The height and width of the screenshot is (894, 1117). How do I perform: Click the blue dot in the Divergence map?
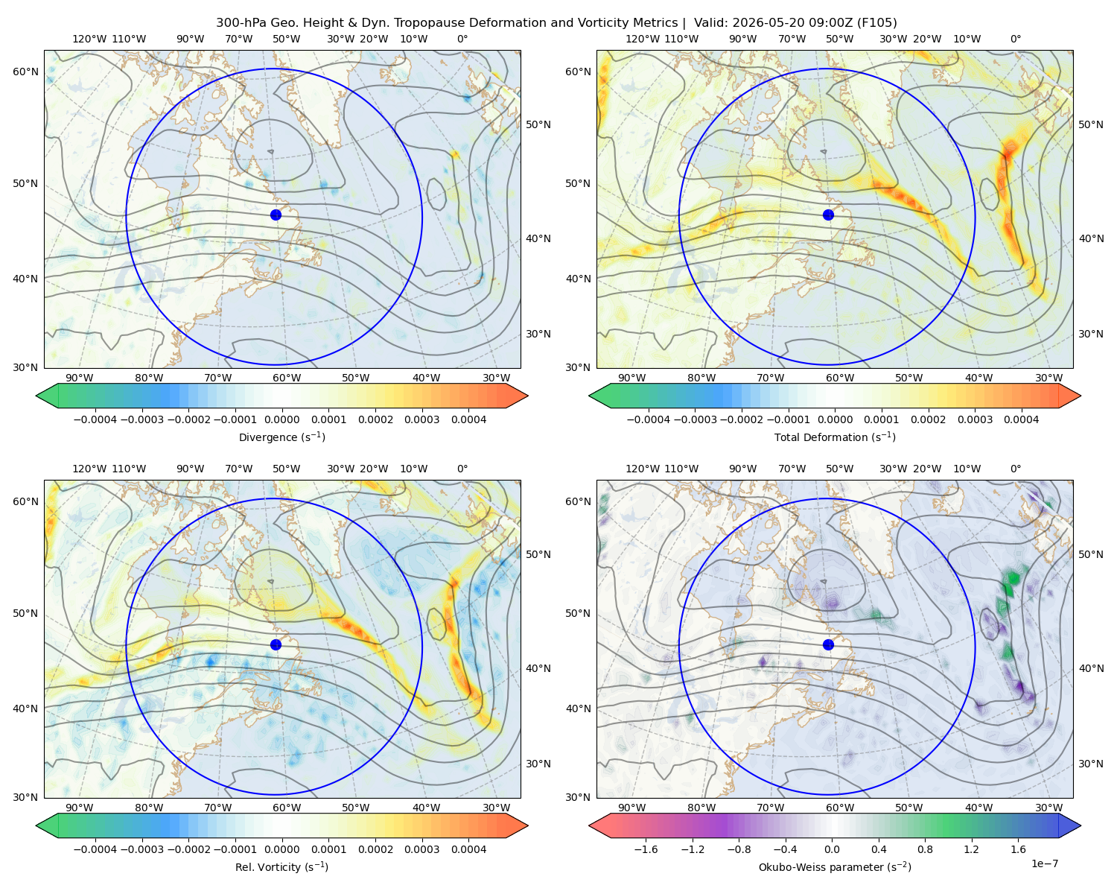click(276, 215)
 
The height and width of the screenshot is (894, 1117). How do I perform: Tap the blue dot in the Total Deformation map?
click(828, 215)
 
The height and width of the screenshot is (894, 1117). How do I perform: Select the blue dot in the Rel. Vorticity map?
click(276, 644)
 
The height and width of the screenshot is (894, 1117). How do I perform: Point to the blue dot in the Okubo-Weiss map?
click(828, 644)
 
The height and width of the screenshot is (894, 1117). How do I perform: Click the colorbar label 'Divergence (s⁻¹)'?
click(281, 437)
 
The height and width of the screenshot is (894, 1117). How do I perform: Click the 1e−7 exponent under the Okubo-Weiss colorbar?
click(1044, 863)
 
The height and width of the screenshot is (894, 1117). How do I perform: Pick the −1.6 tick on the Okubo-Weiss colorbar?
click(646, 849)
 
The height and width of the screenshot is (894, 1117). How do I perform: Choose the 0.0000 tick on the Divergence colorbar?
click(281, 419)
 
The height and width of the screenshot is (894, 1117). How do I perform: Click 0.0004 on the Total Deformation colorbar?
click(1021, 419)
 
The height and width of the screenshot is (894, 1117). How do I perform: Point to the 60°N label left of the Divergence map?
click(25, 72)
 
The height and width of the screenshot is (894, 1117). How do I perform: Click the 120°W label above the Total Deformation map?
click(642, 39)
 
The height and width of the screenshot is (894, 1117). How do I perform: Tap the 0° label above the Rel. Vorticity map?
click(462, 468)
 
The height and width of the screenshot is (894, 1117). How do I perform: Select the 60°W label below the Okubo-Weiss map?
click(839, 808)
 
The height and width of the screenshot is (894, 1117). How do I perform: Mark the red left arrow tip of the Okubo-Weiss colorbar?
click(589, 825)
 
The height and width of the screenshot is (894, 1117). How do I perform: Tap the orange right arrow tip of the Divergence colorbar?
click(528, 396)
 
